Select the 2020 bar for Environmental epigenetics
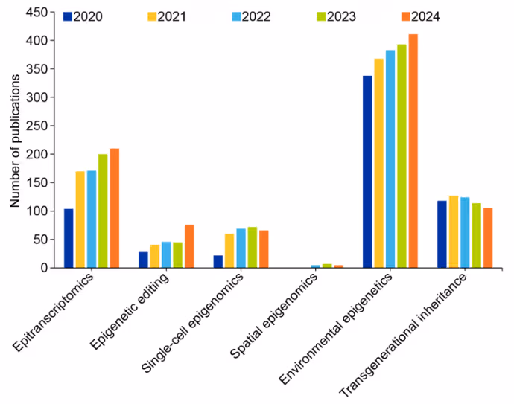[367, 172]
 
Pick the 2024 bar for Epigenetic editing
[189, 246]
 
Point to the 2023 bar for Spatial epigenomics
[327, 266]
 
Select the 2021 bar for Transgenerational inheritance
[453, 231]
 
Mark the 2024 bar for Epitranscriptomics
[115, 208]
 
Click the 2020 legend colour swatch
[68, 16]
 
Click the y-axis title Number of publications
[14, 141]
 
